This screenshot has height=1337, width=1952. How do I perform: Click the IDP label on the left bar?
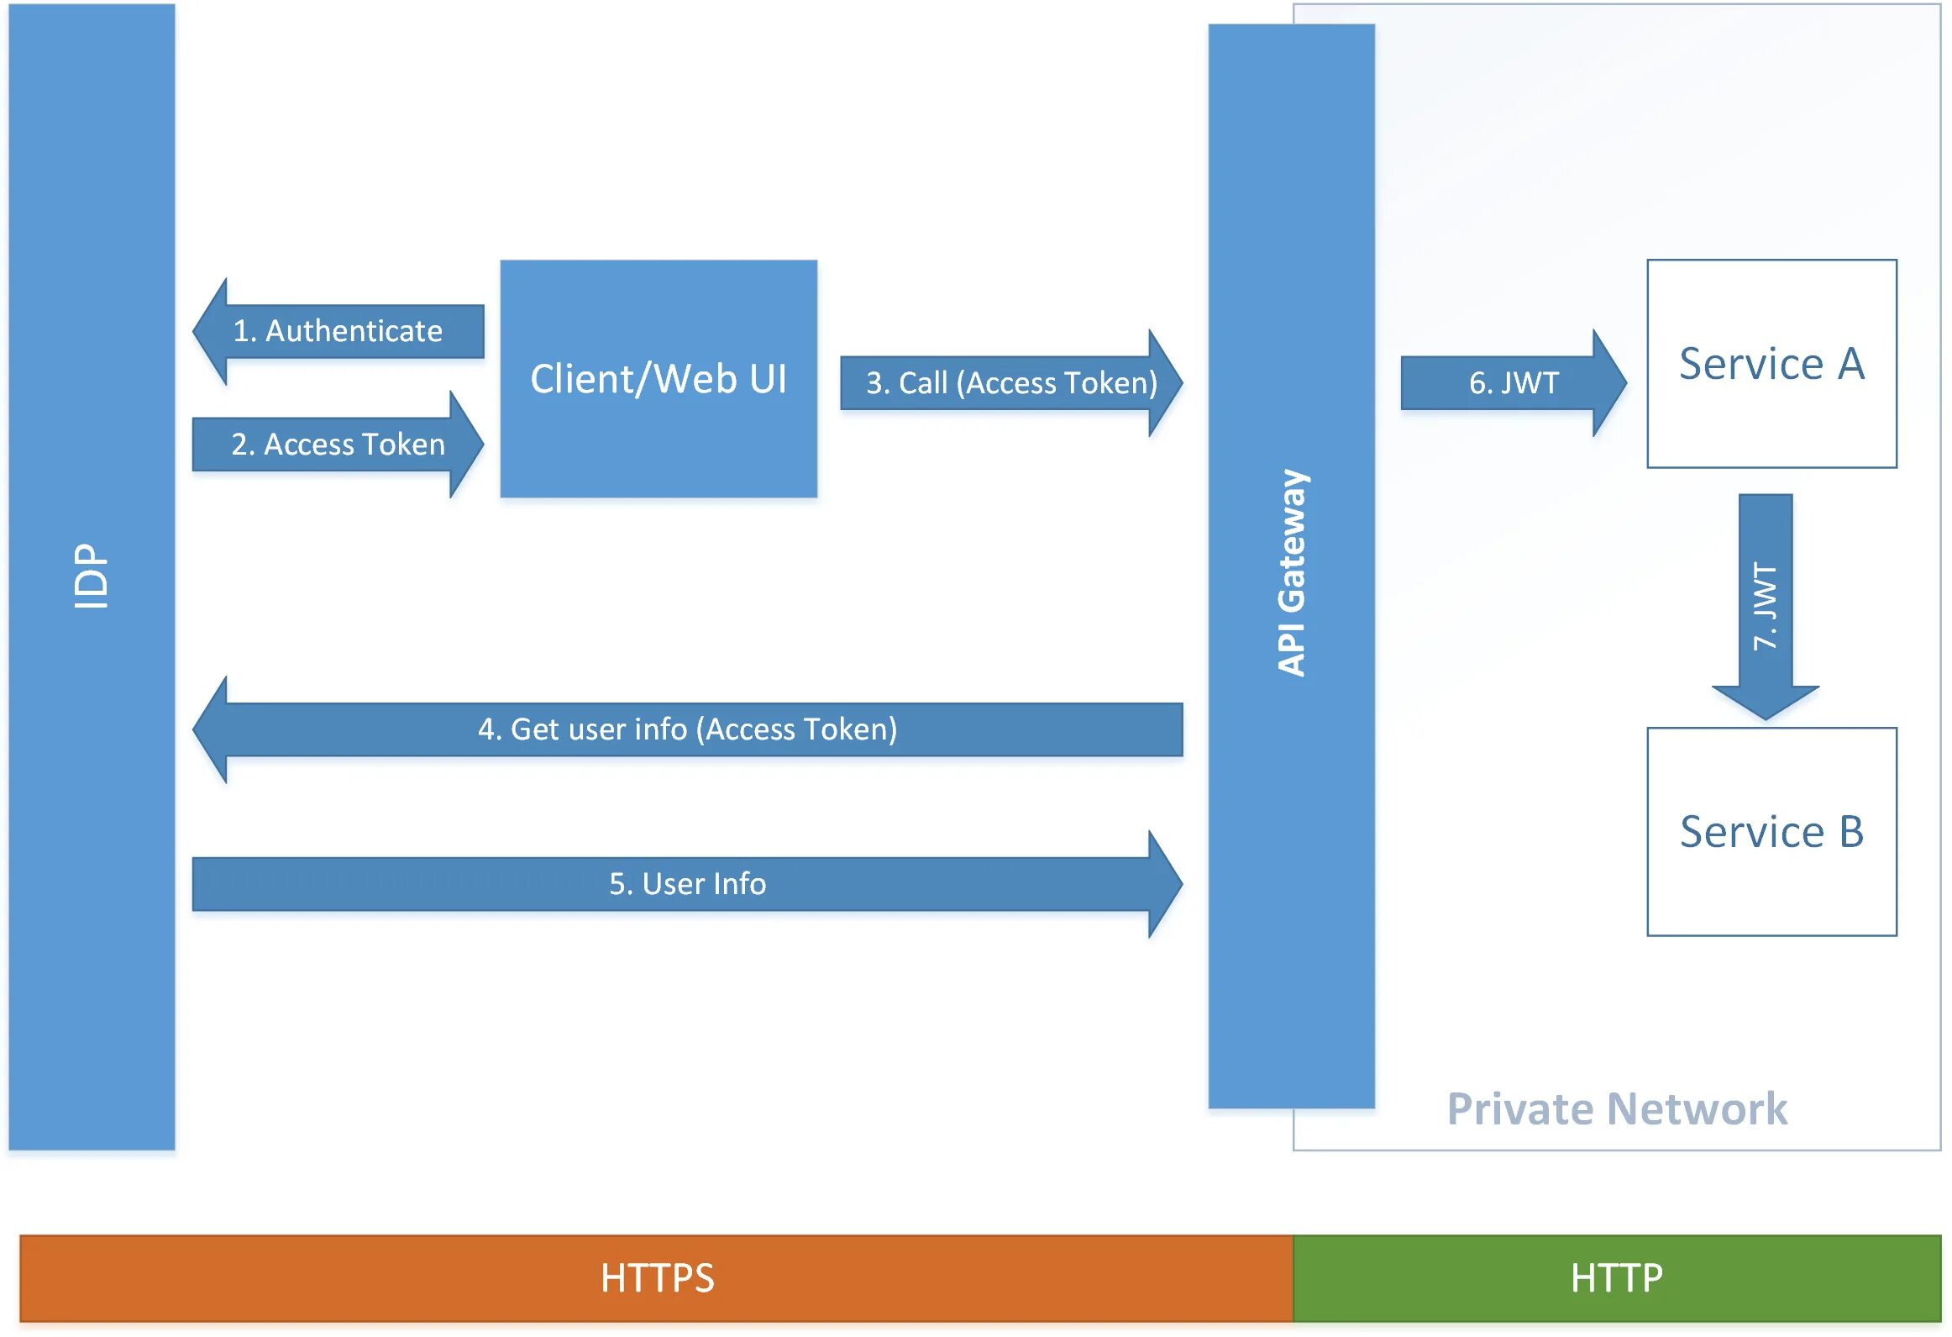[x=91, y=576]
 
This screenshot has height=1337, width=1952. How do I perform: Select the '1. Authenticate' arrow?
[x=338, y=331]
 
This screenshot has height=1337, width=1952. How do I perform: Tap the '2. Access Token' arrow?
[x=338, y=445]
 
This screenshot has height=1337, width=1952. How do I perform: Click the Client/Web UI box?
[x=659, y=379]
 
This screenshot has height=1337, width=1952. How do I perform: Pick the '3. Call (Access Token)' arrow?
[x=1011, y=383]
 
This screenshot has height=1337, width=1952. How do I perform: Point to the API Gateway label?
[x=1292, y=573]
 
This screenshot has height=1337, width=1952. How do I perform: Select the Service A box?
[x=1771, y=364]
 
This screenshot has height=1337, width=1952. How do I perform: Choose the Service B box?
[x=1771, y=832]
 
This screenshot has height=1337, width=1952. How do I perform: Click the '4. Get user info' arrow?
[x=687, y=729]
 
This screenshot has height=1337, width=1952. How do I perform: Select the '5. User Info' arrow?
[x=687, y=884]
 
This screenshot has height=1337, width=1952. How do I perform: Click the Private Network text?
[x=1617, y=1109]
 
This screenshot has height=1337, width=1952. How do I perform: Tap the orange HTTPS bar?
[x=657, y=1278]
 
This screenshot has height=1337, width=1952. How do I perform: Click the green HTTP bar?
[x=1617, y=1278]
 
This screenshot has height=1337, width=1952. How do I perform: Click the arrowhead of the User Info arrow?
[x=1164, y=884]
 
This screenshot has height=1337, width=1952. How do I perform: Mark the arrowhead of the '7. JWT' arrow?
[x=1766, y=702]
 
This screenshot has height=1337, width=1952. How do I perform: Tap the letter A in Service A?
[x=1851, y=364]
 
